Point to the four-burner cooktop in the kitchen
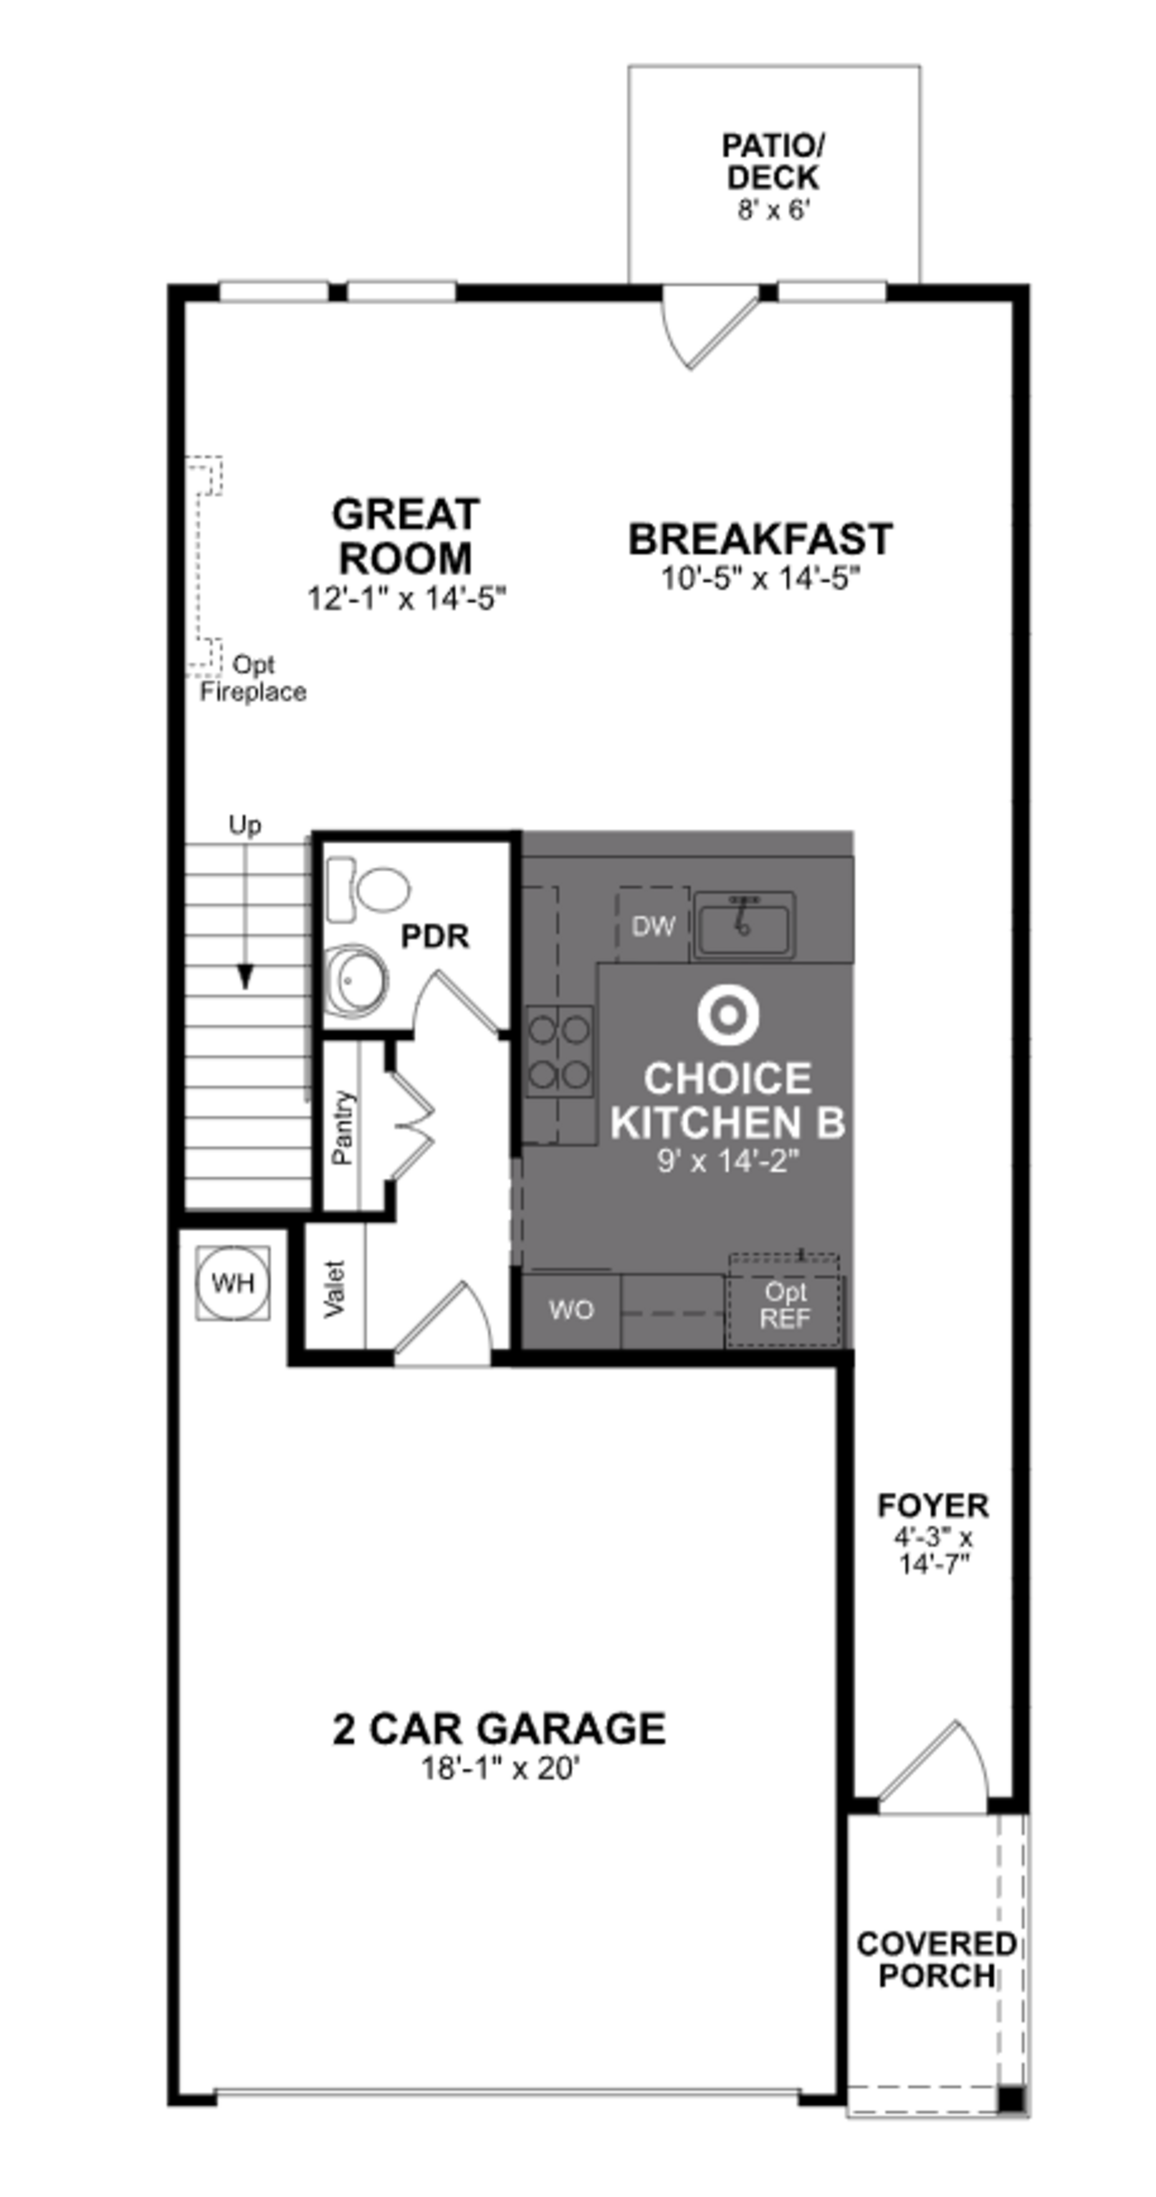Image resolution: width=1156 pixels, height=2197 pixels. [558, 1051]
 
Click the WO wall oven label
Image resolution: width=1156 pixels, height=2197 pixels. [570, 1309]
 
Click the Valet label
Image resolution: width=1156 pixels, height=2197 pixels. [335, 1288]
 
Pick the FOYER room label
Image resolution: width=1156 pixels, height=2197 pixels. [933, 1505]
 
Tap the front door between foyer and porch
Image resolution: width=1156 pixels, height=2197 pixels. [934, 1765]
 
